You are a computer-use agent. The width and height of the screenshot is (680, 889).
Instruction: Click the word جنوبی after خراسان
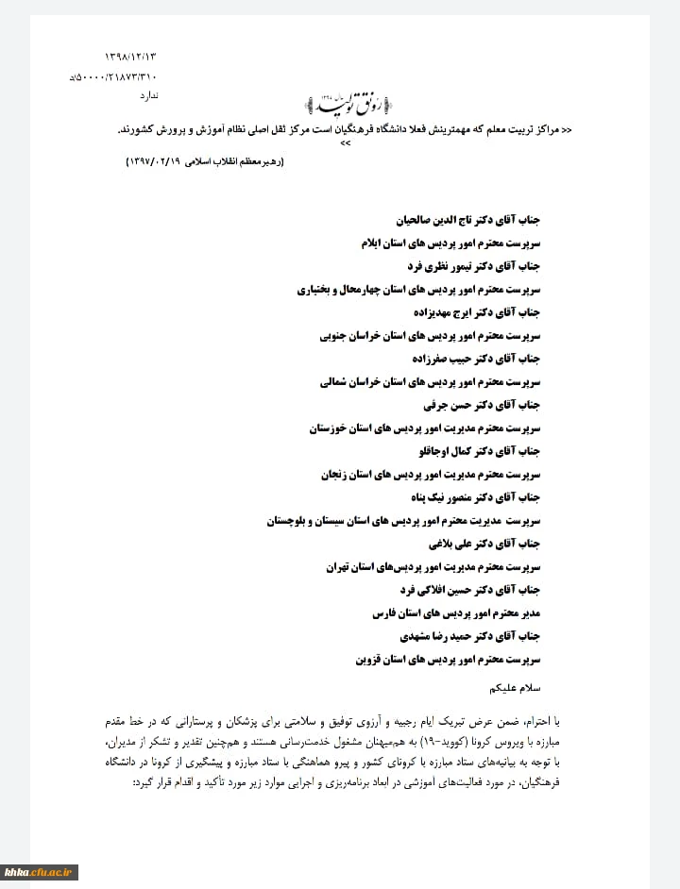click(x=336, y=335)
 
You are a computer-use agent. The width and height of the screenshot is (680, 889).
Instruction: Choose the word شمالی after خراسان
click(x=335, y=381)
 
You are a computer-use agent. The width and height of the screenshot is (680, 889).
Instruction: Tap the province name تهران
click(x=337, y=566)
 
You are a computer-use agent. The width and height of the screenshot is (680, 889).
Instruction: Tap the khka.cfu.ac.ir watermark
click(x=40, y=871)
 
